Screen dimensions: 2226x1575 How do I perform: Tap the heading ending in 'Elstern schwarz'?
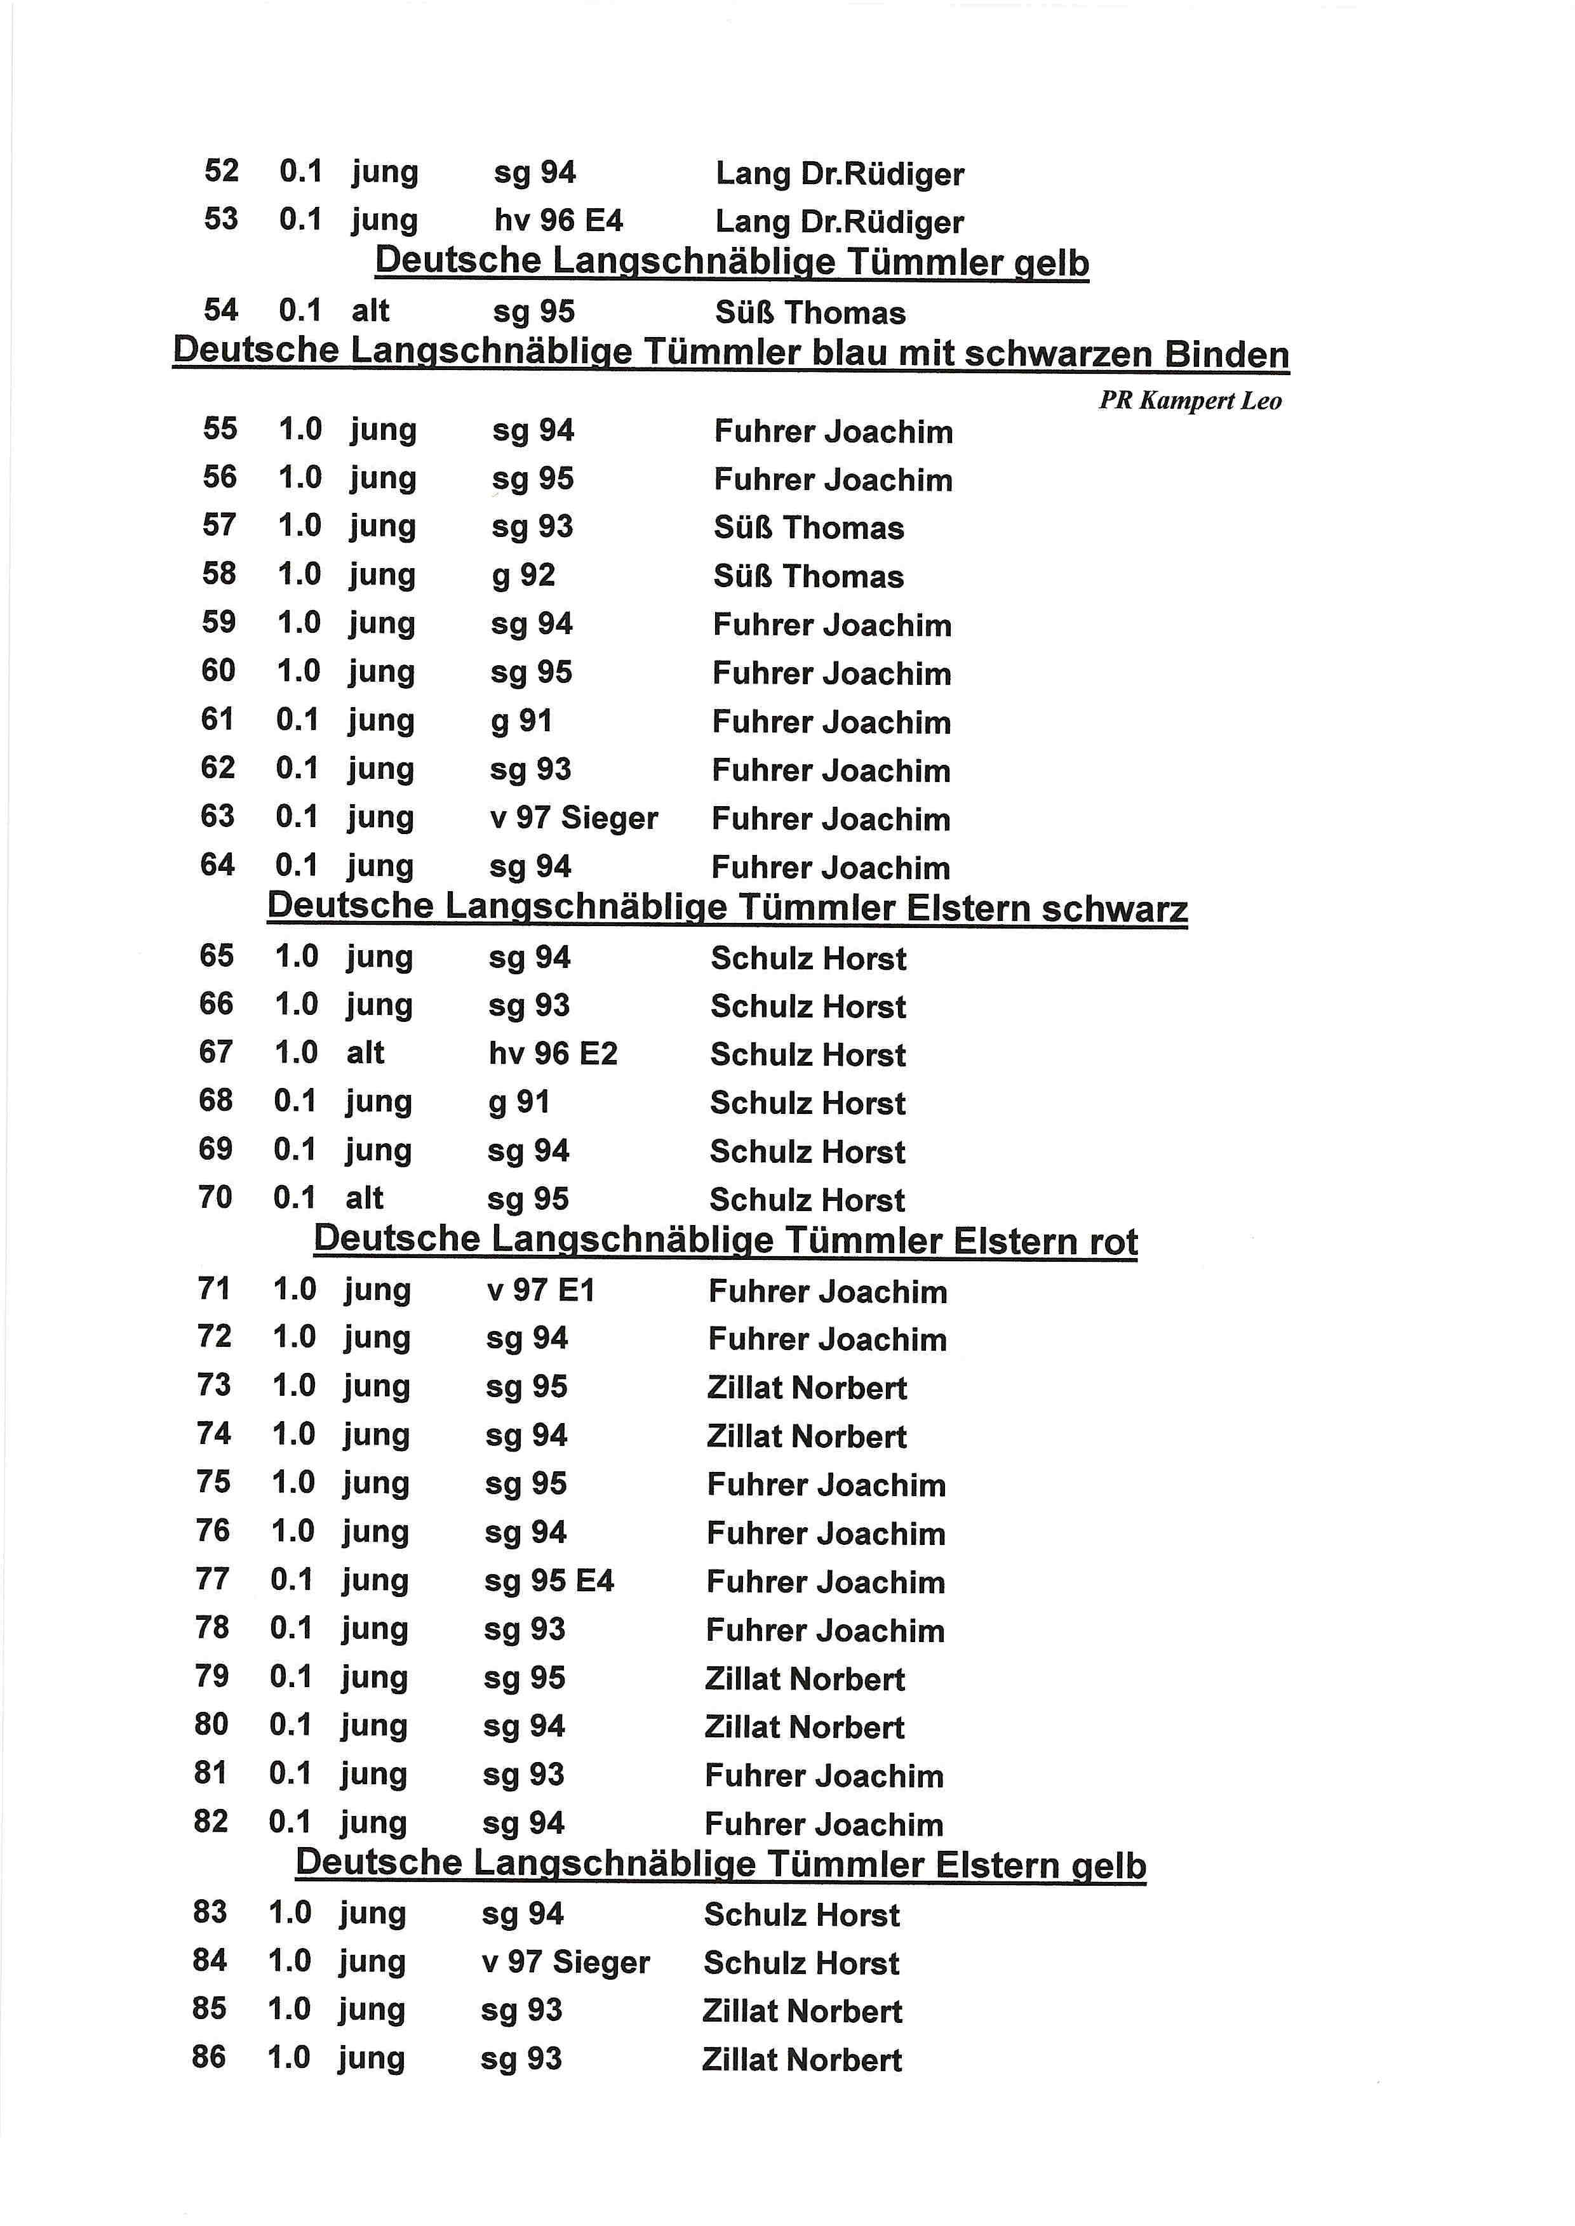click(x=727, y=908)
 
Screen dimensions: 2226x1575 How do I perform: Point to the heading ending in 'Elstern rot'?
click(x=725, y=1240)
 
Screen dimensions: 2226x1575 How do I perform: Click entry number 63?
click(x=217, y=816)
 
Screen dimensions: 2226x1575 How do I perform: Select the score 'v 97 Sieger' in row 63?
click(x=573, y=818)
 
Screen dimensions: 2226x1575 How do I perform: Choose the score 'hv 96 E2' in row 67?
click(x=553, y=1054)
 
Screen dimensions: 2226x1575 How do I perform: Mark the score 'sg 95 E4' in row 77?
click(x=549, y=1581)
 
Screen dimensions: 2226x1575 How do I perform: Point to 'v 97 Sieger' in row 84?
click(x=565, y=1963)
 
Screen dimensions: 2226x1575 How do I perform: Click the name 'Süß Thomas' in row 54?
click(x=810, y=312)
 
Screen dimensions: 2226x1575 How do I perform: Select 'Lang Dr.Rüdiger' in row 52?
click(x=840, y=173)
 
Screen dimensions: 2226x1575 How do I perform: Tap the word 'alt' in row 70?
click(x=365, y=1198)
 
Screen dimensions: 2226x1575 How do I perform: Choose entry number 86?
click(x=208, y=2057)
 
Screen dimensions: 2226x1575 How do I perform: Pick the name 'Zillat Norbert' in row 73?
click(x=807, y=1388)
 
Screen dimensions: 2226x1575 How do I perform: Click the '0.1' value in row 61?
click(x=297, y=719)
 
